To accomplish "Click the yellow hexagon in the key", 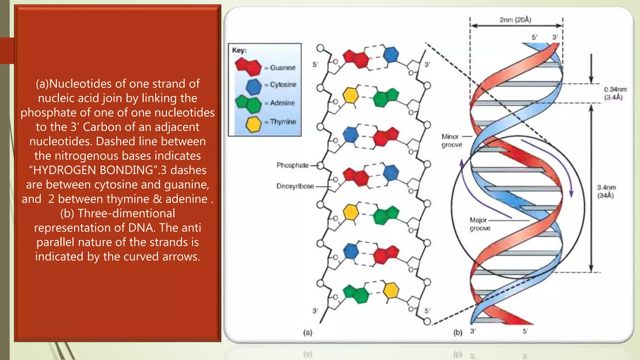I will point(253,124).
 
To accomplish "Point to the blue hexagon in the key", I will point(253,87).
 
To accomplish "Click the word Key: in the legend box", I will point(239,50).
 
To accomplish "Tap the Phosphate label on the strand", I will point(292,165).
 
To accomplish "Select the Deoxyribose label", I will point(295,186).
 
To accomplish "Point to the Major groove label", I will point(480,224).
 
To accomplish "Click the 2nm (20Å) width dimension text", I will point(515,20).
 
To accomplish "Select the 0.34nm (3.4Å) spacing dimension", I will point(615,93).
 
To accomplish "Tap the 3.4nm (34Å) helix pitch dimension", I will point(606,191).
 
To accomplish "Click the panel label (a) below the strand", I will point(307,332).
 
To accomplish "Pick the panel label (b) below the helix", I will point(457,332).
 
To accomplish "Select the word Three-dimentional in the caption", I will point(126,213).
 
